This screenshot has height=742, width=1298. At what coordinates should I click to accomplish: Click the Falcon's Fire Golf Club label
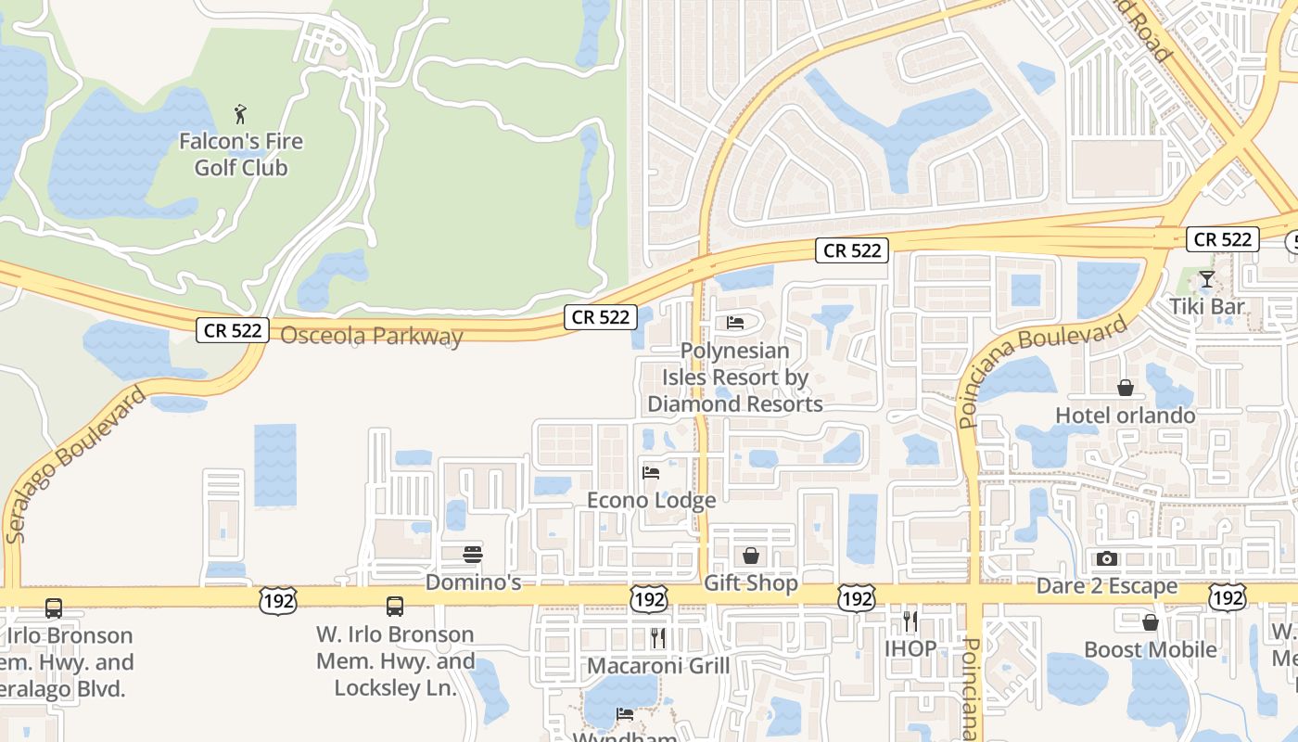coord(241,155)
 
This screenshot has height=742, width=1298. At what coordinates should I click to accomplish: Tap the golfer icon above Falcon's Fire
coord(241,115)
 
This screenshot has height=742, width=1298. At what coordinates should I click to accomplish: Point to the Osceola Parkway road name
coord(371,336)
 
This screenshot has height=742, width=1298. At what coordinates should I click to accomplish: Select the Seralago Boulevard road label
coord(75,465)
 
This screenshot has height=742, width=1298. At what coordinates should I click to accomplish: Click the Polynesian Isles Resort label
coord(735,377)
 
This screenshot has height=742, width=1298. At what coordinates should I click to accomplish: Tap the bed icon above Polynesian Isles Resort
coord(735,323)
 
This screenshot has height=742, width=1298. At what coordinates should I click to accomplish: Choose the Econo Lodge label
coord(652,501)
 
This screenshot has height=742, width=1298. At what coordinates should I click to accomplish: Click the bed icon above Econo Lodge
coord(651,473)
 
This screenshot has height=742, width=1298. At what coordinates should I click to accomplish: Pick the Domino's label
coord(473,582)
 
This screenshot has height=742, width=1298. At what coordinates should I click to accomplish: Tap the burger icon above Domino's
coord(473,555)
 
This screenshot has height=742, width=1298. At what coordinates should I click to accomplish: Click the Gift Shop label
coord(751,583)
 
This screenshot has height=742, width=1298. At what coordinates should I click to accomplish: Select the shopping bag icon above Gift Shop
coord(751,556)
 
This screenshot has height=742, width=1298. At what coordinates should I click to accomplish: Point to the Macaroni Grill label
coord(658,666)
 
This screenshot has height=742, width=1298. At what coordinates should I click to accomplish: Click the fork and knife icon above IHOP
coord(910,620)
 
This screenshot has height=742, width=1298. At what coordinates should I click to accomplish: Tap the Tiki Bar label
coord(1206,307)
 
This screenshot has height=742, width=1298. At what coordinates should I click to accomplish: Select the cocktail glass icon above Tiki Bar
coord(1206,279)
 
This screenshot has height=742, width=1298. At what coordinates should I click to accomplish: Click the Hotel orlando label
coord(1126,416)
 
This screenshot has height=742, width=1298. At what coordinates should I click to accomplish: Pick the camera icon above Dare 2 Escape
coord(1107,558)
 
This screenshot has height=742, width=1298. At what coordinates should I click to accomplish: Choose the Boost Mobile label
coord(1151,649)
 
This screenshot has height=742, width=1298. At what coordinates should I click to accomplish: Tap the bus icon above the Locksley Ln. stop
coord(395,607)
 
